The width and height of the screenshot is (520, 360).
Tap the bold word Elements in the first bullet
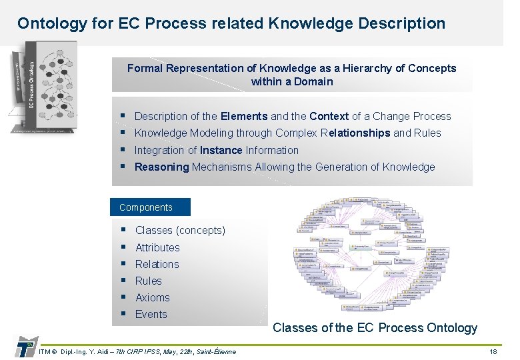[244, 116]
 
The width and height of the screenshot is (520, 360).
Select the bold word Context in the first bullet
[329, 116]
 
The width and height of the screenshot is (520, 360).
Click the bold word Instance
[221, 150]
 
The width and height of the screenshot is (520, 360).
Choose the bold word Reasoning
[161, 167]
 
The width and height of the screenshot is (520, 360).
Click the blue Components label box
[150, 207]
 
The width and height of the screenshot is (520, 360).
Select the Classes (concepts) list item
[180, 231]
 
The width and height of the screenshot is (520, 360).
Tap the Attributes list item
[157, 247]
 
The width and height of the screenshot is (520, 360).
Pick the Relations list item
[157, 264]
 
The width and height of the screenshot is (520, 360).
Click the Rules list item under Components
[148, 281]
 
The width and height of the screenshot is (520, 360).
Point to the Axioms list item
[152, 297]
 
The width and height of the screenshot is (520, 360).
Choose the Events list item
[151, 314]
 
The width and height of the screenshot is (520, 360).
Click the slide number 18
[493, 351]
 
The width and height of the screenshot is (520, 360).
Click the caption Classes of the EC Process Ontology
[375, 327]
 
